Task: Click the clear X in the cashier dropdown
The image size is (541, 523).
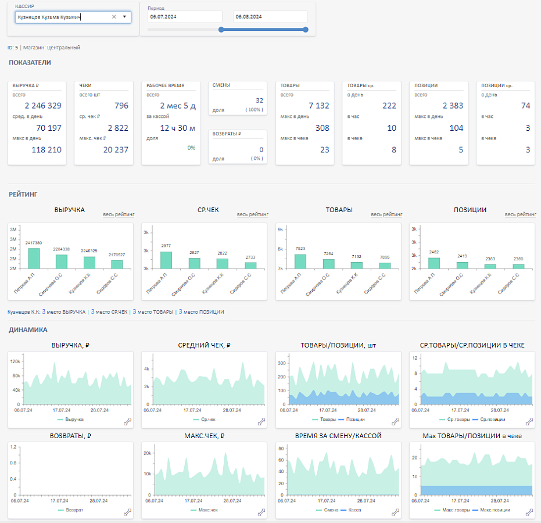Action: [114, 17]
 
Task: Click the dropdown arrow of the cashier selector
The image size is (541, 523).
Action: [124, 17]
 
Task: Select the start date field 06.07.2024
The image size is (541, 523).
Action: [185, 16]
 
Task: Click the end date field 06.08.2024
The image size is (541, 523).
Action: [270, 16]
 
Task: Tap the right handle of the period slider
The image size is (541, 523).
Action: [305, 30]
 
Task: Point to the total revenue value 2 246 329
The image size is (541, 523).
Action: [43, 106]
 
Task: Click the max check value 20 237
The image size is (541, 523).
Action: [116, 150]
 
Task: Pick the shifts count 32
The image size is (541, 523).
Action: [259, 101]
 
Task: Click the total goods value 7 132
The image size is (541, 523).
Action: [319, 106]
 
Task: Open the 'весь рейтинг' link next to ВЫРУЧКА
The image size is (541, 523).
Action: [119, 214]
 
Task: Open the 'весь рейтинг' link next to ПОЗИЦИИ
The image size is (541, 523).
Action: [520, 214]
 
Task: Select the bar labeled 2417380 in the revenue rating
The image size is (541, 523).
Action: [34, 259]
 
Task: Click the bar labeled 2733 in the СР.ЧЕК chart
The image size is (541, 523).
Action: [250, 266]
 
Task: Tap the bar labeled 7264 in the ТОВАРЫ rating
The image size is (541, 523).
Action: [328, 264]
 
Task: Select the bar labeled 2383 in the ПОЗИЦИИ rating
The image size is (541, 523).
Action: [490, 267]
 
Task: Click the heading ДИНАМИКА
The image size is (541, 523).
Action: [28, 330]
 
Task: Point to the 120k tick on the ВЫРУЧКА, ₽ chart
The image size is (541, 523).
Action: [15, 361]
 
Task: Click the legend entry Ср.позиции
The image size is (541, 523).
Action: [492, 420]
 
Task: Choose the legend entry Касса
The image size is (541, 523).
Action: [351, 510]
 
